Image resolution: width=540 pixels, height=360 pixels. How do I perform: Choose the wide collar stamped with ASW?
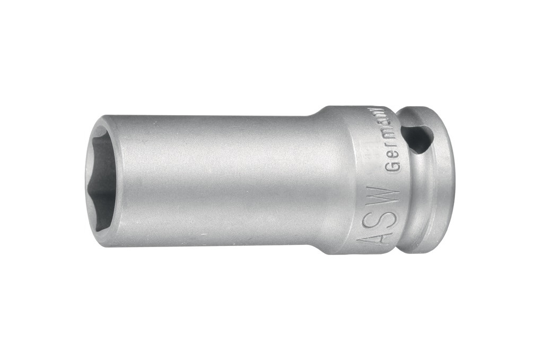click(366, 180)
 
